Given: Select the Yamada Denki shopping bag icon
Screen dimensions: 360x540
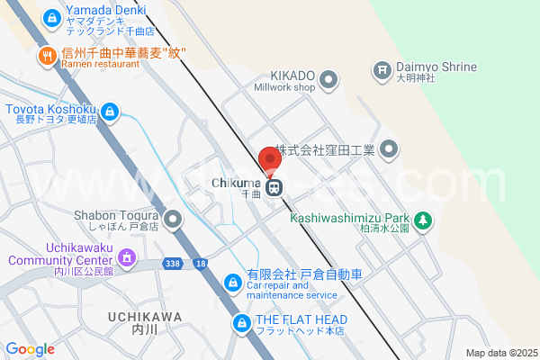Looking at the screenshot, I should point(51,17).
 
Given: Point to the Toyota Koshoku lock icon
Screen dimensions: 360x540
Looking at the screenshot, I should point(109,112).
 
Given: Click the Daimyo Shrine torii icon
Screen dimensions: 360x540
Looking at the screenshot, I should point(382,68).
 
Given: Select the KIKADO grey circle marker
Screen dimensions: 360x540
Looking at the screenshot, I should point(328,77).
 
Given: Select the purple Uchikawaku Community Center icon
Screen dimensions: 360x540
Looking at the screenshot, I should point(127,259).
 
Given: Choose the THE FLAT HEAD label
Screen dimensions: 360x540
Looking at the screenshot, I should point(301,319).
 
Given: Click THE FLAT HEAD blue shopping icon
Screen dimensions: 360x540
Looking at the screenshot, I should point(241,322).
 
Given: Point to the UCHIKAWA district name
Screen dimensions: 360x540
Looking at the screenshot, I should point(144,317).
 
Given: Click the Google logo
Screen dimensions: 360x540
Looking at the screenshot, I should point(30,349).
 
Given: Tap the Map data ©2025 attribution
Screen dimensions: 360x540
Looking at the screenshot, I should point(499,353).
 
